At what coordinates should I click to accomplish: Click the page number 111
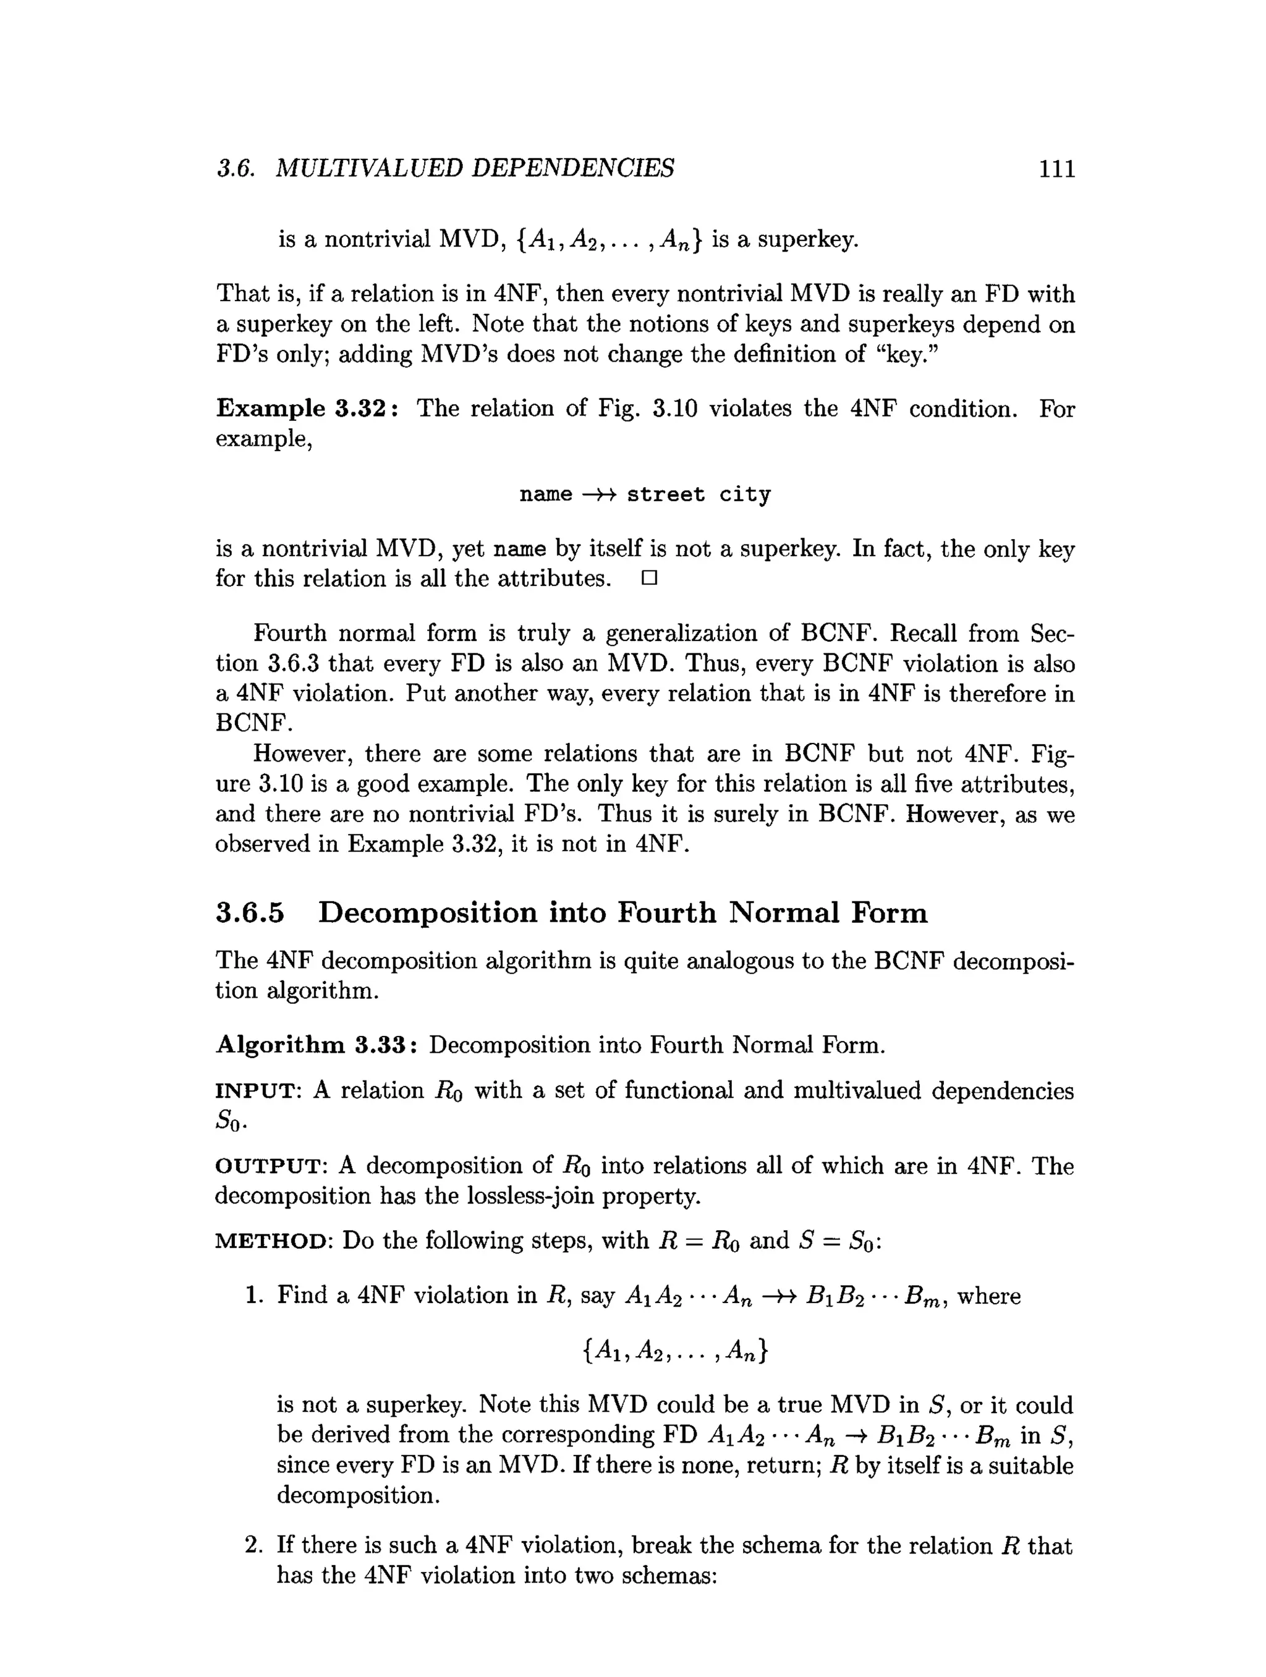pos(1056,168)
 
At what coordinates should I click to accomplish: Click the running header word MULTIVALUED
pos(368,168)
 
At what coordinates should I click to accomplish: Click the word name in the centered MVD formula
pos(546,495)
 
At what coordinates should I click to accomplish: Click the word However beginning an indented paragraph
pos(301,754)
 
